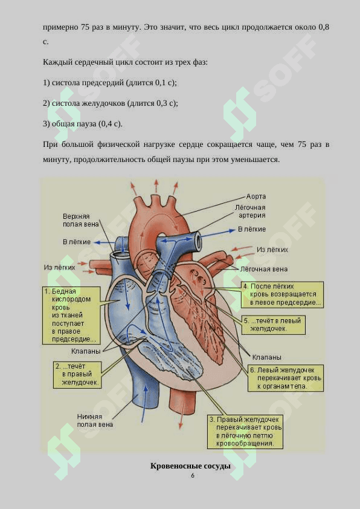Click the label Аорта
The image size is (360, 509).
[256, 196]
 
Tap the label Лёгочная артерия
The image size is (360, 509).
[251, 212]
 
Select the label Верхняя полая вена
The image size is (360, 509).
[81, 221]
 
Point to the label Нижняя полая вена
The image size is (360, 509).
[95, 420]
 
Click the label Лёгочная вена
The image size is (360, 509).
[264, 269]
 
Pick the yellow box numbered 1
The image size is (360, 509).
[71, 315]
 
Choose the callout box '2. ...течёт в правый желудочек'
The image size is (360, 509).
[77, 375]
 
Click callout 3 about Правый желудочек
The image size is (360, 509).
[245, 432]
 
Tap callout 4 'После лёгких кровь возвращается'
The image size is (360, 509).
[282, 294]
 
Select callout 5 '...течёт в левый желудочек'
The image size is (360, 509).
[274, 325]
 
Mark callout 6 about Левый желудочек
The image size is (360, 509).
[286, 378]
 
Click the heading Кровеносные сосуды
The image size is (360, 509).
[191, 466]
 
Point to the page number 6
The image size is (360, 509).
[193, 476]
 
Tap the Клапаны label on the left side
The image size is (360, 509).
[86, 351]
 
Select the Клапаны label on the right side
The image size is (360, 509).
[266, 357]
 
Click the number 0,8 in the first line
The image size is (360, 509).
[324, 27]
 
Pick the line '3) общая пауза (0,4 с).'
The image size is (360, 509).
[83, 124]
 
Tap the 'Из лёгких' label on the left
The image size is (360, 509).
[59, 267]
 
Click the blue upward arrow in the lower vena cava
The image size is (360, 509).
[144, 403]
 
